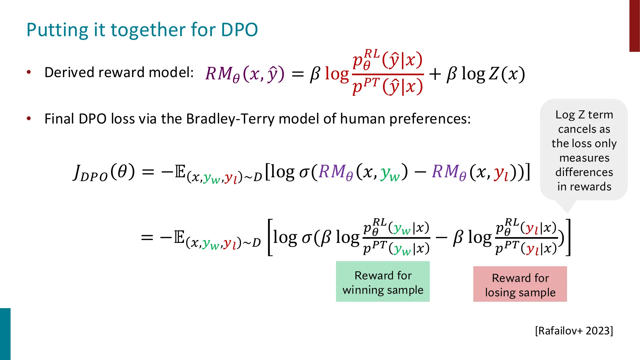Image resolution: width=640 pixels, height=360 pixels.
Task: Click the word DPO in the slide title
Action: [239, 30]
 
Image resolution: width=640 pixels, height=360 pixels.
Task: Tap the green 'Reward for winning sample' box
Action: [383, 282]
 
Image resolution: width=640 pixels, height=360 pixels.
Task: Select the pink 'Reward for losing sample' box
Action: [520, 284]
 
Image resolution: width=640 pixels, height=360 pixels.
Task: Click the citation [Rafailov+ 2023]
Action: [574, 331]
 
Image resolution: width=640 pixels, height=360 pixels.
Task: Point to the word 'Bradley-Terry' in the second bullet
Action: [230, 119]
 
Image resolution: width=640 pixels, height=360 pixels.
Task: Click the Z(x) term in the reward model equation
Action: [507, 74]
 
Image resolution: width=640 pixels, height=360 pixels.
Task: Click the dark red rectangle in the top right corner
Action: [634, 26]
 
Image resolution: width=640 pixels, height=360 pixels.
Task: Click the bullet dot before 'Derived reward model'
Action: [29, 72]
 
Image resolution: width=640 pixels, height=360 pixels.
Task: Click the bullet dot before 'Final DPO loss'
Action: [29, 119]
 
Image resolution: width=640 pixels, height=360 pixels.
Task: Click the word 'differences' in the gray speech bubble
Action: [584, 172]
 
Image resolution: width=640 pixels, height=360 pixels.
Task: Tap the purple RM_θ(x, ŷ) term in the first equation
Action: [245, 74]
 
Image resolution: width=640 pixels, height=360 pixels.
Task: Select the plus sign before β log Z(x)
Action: [435, 74]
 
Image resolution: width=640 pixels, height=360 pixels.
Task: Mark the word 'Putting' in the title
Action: [57, 30]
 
